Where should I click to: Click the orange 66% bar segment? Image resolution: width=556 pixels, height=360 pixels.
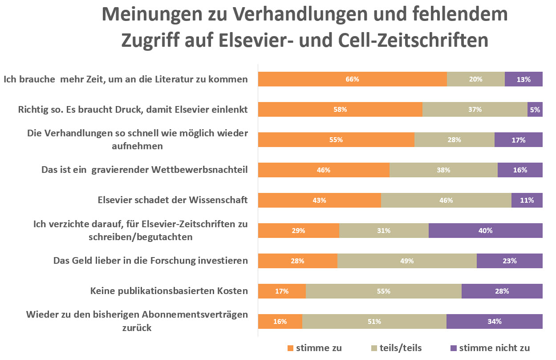click(352, 79)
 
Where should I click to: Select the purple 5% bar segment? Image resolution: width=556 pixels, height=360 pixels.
click(535, 109)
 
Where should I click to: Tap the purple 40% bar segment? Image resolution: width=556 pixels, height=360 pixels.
click(485, 230)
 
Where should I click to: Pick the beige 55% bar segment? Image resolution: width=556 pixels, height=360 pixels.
click(383, 291)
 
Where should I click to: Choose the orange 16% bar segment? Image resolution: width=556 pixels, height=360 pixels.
click(280, 321)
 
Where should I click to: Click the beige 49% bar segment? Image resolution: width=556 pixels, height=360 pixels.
click(406, 261)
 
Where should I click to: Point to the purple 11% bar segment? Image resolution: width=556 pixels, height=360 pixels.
click(527, 200)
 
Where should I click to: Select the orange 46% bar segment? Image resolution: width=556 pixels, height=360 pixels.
click(324, 170)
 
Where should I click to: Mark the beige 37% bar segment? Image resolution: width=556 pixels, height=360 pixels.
click(475, 109)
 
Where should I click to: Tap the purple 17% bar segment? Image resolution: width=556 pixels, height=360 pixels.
click(518, 139)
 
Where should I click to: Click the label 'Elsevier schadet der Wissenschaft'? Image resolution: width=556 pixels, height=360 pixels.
click(172, 200)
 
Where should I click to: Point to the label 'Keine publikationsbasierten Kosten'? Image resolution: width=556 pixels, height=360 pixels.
click(169, 291)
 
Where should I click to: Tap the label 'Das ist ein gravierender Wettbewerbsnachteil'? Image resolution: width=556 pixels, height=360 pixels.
click(144, 170)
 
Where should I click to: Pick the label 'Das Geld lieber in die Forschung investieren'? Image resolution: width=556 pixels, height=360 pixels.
click(150, 261)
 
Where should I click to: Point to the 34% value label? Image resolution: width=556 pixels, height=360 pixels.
click(494, 321)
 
